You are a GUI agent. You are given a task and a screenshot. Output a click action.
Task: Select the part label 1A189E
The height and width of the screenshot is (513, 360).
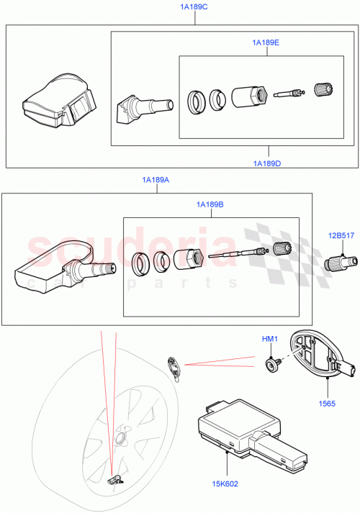pos(266,43)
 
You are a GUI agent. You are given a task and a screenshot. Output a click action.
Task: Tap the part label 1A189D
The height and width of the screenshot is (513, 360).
pos(267,163)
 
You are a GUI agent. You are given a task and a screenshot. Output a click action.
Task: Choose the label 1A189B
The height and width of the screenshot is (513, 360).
pos(210,206)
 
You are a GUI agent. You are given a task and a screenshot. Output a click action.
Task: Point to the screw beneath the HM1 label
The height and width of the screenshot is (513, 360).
pos(272,365)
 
